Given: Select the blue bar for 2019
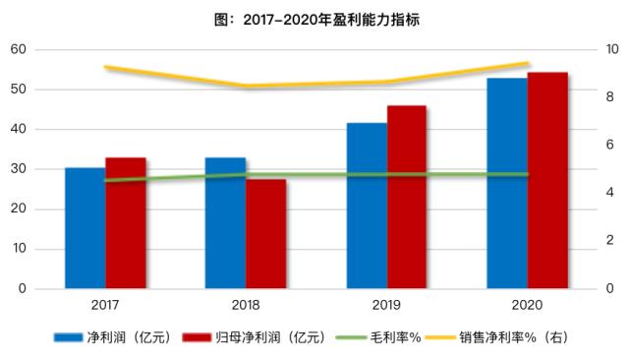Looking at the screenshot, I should click(x=366, y=207).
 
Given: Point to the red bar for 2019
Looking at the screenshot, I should click(x=407, y=198).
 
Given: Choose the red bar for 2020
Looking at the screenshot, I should click(x=547, y=181).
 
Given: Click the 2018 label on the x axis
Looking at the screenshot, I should click(x=246, y=306).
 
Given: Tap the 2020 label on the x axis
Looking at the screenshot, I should click(x=527, y=306).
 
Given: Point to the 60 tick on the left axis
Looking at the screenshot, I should click(x=18, y=49).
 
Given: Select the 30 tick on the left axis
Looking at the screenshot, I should click(x=18, y=169).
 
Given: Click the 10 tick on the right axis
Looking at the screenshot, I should click(x=610, y=49).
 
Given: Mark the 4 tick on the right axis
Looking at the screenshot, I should click(x=611, y=193).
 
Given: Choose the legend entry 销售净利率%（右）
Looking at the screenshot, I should click(x=515, y=337).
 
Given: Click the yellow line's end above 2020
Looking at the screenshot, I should click(x=527, y=63).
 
